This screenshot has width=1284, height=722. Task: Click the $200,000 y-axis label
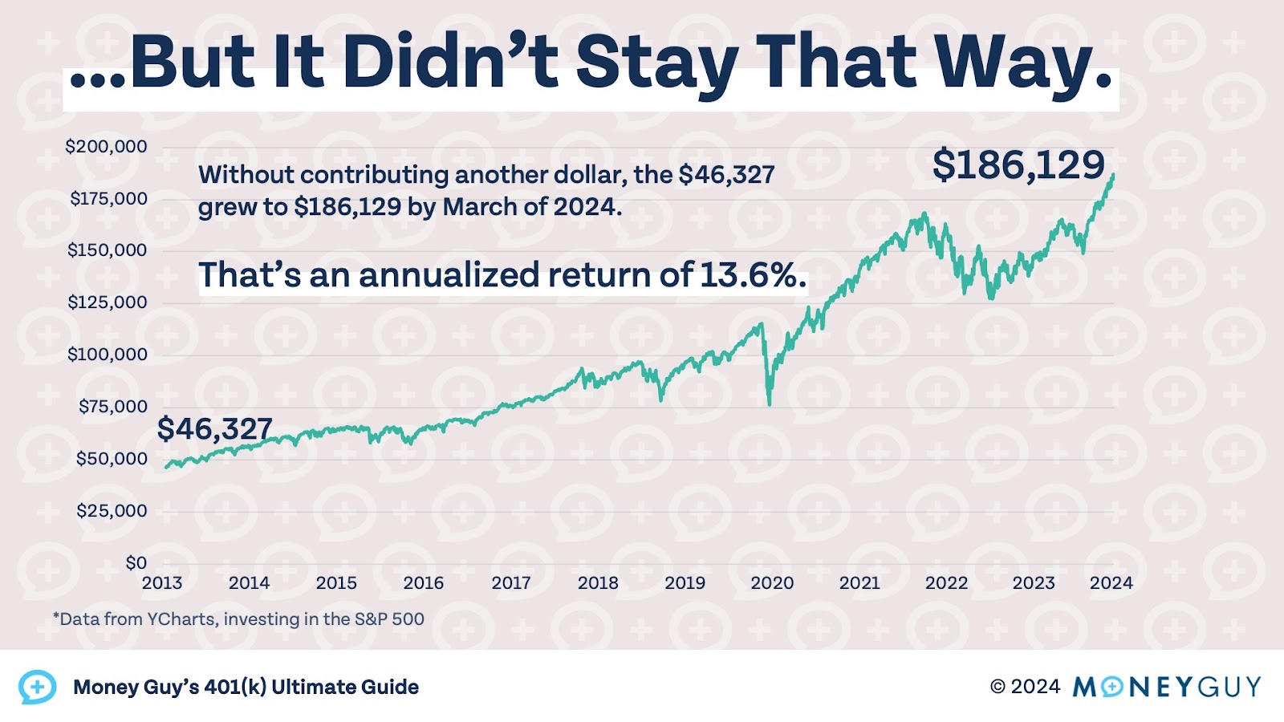click(106, 146)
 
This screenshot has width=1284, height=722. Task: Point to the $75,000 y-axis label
click(112, 406)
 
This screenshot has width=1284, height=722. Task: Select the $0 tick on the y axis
click(136, 562)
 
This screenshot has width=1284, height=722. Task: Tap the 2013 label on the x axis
click(162, 583)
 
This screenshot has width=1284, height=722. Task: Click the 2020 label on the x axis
click(772, 583)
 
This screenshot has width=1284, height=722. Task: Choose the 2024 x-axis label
click(1111, 583)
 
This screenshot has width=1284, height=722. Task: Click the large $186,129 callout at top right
click(1018, 164)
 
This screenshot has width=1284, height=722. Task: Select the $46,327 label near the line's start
click(214, 428)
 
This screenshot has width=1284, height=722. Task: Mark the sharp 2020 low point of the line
click(770, 404)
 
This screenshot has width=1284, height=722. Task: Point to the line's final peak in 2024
click(1113, 174)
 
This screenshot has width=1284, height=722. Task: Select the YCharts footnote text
click(238, 619)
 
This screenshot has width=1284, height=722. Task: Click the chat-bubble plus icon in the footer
click(37, 687)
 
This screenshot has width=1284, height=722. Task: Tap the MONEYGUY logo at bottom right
click(1166, 687)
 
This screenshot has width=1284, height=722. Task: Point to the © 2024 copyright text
click(1025, 687)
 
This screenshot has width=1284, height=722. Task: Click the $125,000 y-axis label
click(107, 302)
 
